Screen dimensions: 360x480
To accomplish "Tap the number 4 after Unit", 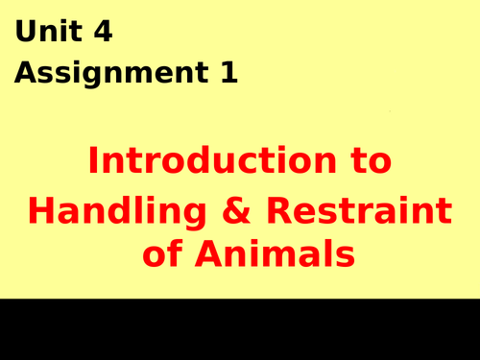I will [x=103, y=33].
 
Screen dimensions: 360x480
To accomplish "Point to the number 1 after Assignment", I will [x=228, y=74].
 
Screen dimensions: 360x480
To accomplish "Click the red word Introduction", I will [x=211, y=161].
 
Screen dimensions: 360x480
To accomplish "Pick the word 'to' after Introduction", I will [x=370, y=161].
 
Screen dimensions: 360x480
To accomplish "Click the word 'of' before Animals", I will [x=162, y=255].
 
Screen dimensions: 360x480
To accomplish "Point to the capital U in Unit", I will [x=25, y=33].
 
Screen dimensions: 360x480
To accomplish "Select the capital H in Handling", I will [x=41, y=208].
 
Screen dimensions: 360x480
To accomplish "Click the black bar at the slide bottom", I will [x=240, y=329].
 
